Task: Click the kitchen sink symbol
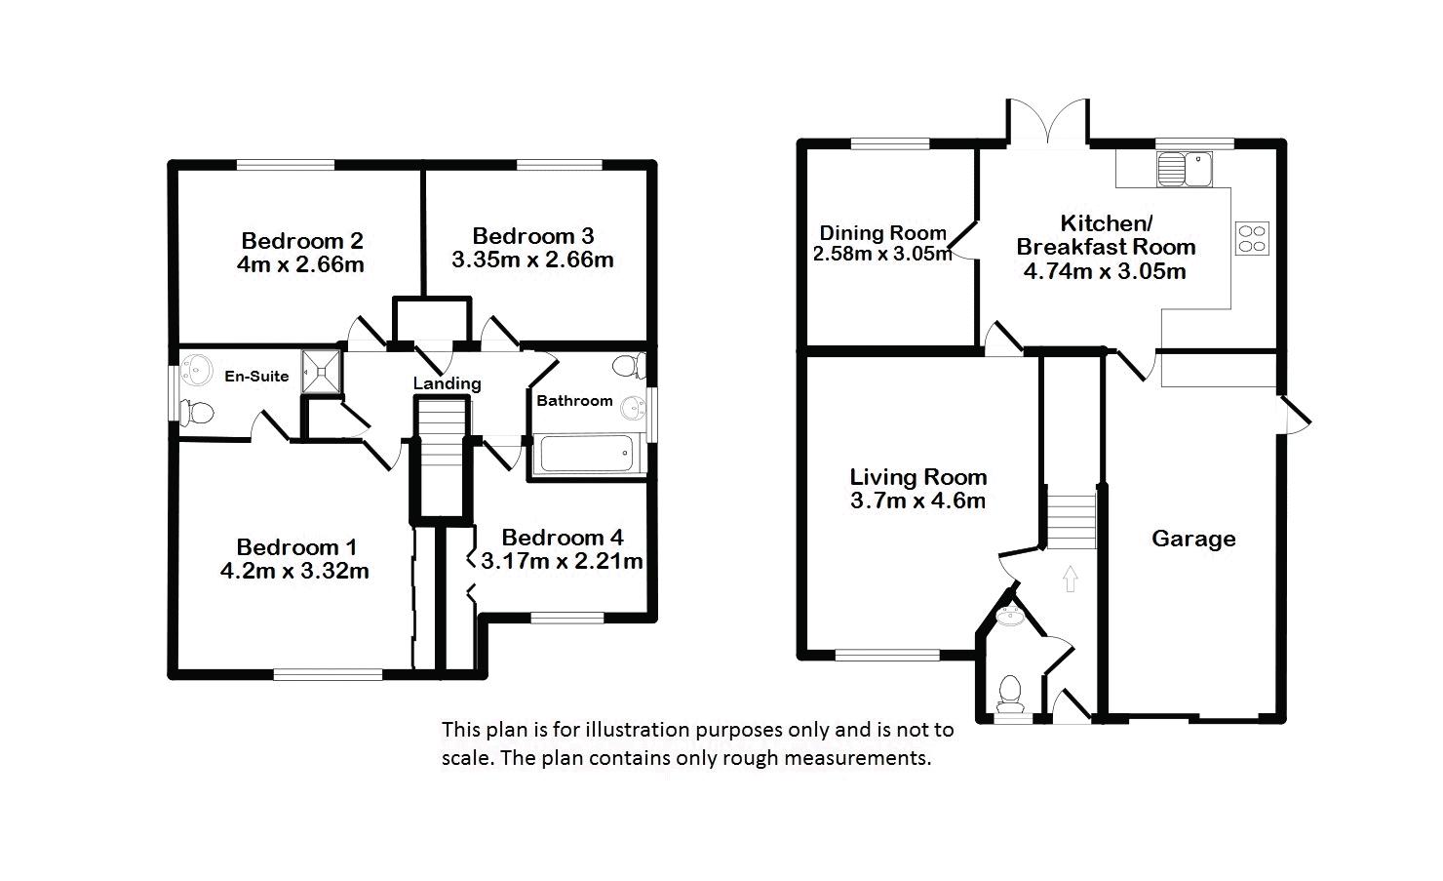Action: [x=1185, y=169]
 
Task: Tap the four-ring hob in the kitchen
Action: [x=1252, y=238]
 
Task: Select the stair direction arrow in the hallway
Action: [x=1070, y=579]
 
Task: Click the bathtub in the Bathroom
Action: [x=587, y=453]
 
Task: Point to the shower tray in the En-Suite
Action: [x=321, y=371]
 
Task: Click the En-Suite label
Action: [x=256, y=376]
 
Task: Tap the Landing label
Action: [x=448, y=384]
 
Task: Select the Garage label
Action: [x=1193, y=539]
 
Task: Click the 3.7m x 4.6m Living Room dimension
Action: [x=918, y=501]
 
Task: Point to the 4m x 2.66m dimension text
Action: [x=300, y=264]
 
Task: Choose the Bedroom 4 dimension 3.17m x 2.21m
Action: [x=562, y=561]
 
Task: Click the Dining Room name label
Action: [x=882, y=232]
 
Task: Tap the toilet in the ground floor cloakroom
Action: [x=1011, y=694]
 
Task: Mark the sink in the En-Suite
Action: [x=197, y=371]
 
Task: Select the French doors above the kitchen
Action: [x=1048, y=121]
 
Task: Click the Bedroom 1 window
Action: [x=328, y=674]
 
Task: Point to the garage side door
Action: [x=1295, y=415]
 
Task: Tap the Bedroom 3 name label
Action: [x=533, y=236]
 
